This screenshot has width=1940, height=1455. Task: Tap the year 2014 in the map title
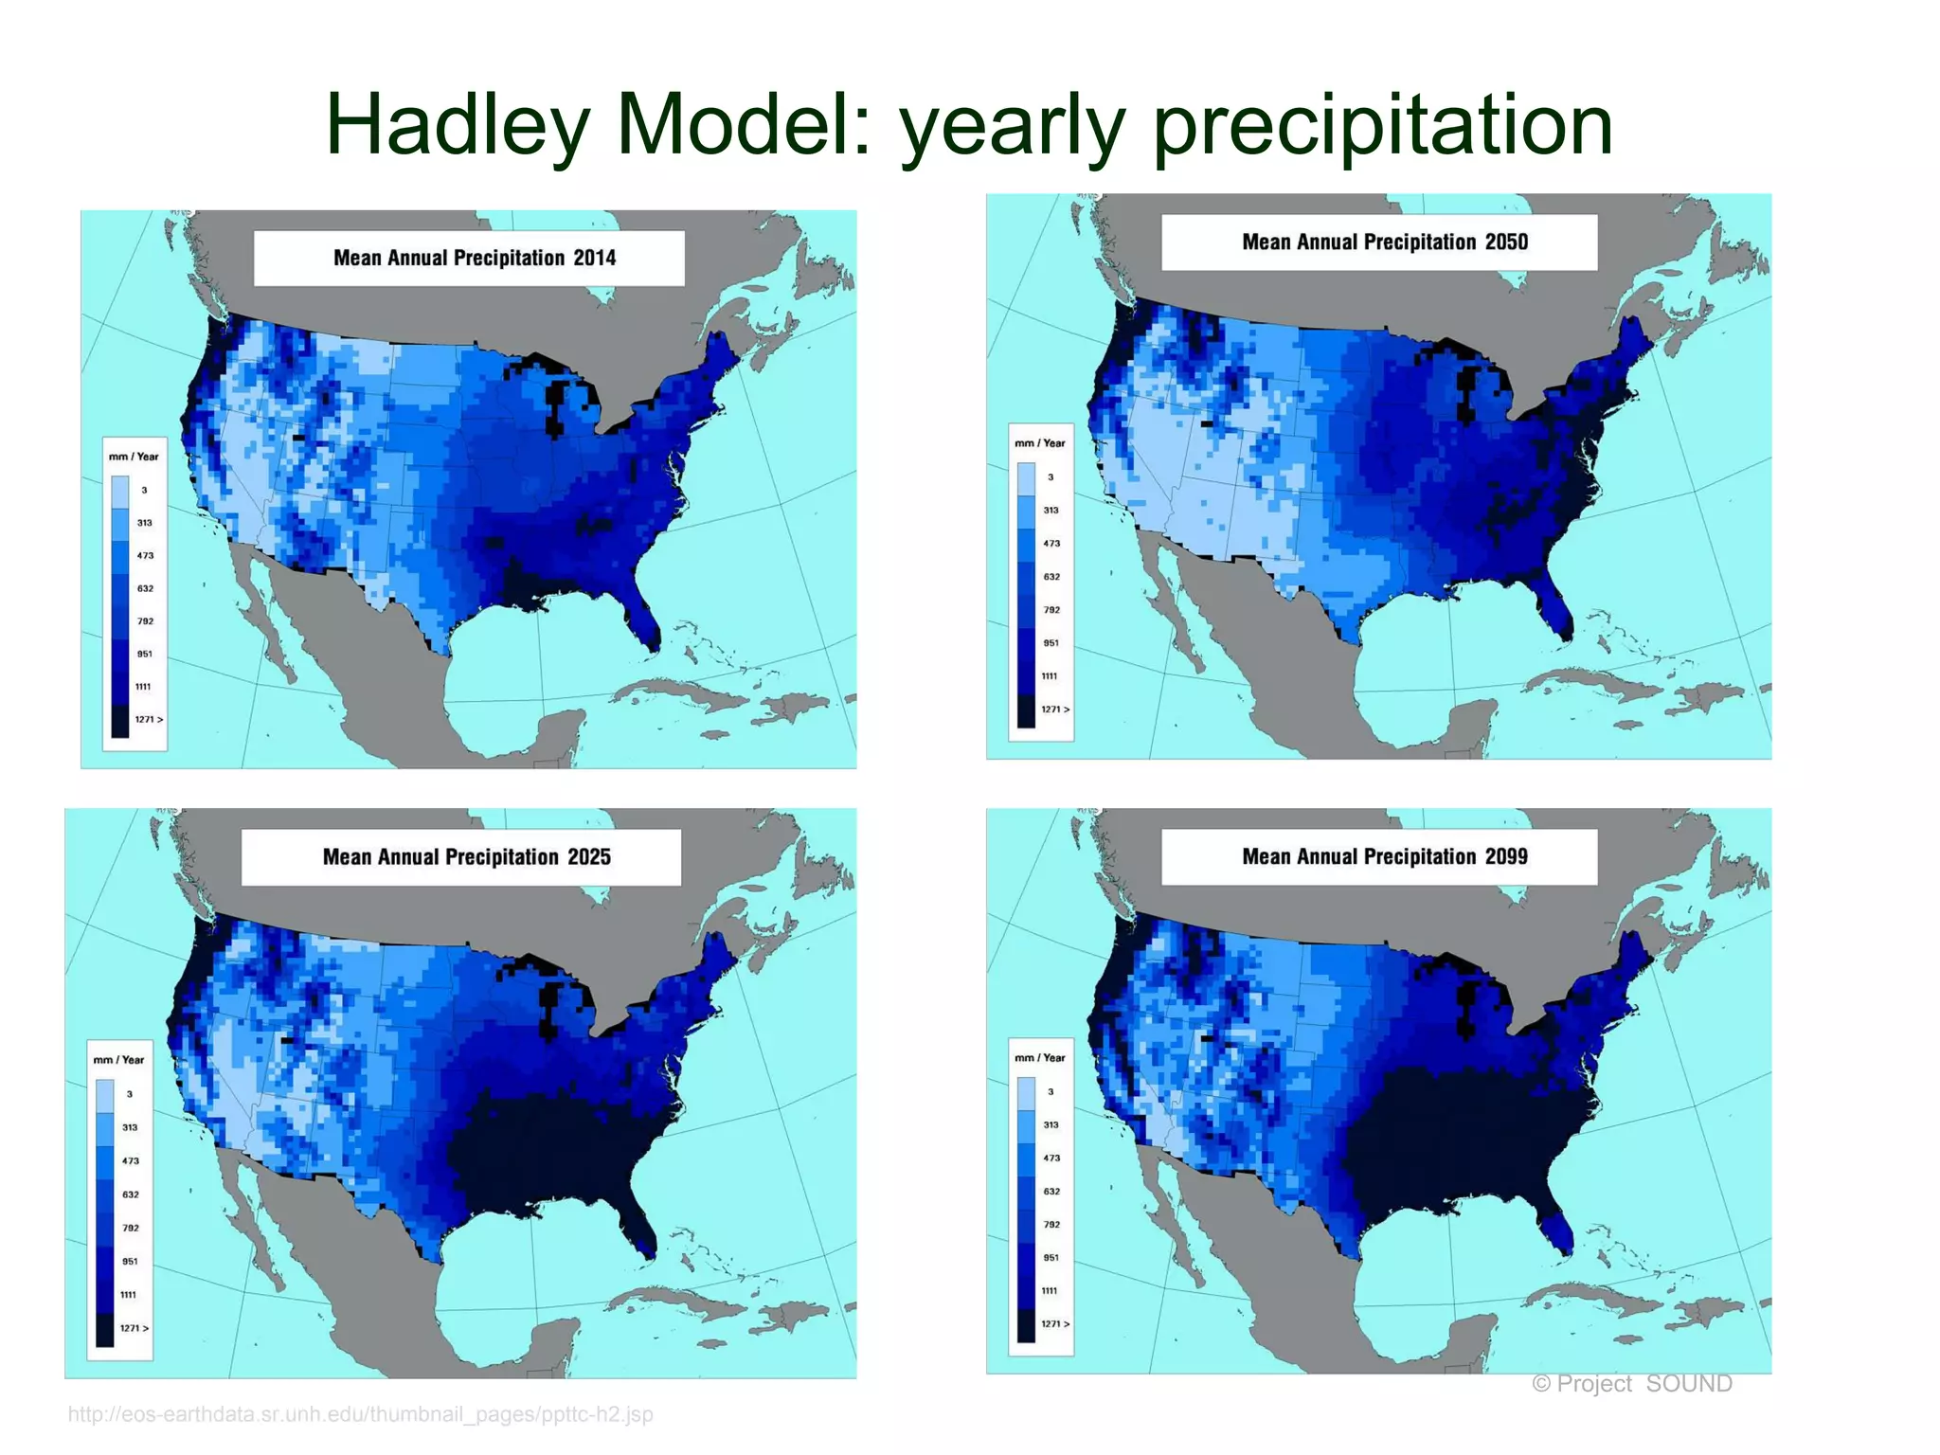(594, 258)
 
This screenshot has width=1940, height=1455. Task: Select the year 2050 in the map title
(1506, 242)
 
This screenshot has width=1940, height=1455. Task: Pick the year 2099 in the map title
(1506, 856)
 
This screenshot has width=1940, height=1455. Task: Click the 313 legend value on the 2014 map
(144, 523)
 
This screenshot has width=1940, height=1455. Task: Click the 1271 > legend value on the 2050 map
(1054, 710)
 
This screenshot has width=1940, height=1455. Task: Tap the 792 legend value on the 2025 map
(131, 1228)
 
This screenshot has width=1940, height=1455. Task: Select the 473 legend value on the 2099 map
(1051, 1158)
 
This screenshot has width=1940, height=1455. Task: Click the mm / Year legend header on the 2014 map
(134, 457)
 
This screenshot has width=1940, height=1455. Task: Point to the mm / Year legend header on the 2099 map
(1039, 1058)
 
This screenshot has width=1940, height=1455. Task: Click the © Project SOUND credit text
(1631, 1384)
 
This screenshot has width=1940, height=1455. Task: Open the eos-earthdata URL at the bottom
(360, 1414)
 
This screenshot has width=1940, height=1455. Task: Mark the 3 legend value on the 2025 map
(130, 1094)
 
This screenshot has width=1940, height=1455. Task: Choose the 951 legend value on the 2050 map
(1051, 643)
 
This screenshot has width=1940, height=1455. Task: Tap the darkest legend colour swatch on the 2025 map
(104, 1330)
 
